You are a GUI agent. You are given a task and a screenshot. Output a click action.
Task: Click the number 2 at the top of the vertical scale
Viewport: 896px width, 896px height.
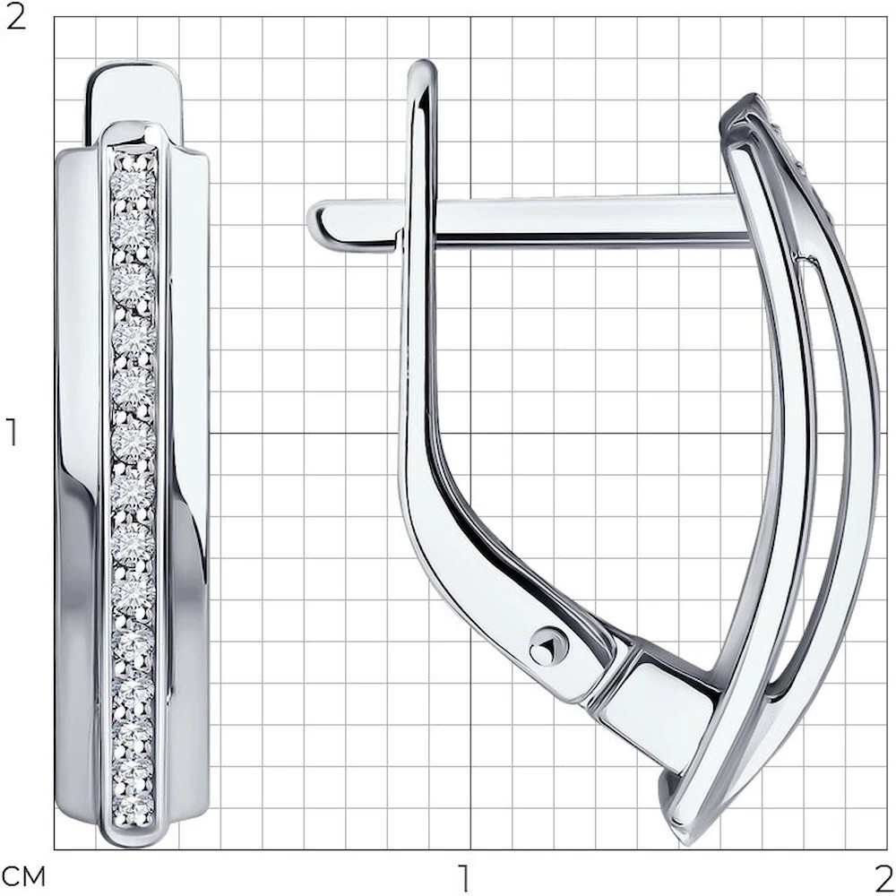(x=16, y=19)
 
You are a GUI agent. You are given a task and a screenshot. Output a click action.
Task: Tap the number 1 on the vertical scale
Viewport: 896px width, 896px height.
(x=13, y=433)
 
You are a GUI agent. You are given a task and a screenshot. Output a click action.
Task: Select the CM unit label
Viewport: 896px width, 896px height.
(x=24, y=877)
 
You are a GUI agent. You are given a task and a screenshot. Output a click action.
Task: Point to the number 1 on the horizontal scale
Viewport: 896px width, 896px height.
(x=465, y=878)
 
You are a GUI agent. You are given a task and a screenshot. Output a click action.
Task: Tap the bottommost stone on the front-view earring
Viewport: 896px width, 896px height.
(x=134, y=806)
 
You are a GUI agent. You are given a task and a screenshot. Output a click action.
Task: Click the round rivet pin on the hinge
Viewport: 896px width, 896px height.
(x=548, y=647)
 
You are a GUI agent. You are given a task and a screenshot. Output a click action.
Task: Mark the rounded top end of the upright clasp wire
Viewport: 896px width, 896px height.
(x=423, y=67)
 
